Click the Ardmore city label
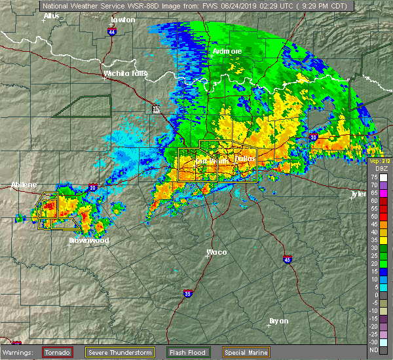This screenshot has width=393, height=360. pos(227,51)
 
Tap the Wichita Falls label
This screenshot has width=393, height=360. pos(127,74)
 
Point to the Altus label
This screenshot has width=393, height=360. pos(51,15)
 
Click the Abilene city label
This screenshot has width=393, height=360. pos(24,185)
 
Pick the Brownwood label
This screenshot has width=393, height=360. pos(89,240)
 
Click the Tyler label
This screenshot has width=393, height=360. pos(358,194)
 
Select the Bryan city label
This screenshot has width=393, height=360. pos(279,320)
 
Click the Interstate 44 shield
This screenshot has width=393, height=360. pos(113,31)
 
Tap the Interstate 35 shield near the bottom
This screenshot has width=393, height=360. pos(189,293)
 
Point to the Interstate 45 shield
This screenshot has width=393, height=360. pos(287,259)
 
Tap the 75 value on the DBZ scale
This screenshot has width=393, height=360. pos(372,177)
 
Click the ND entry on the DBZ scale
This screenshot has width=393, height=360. pos(372,350)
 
